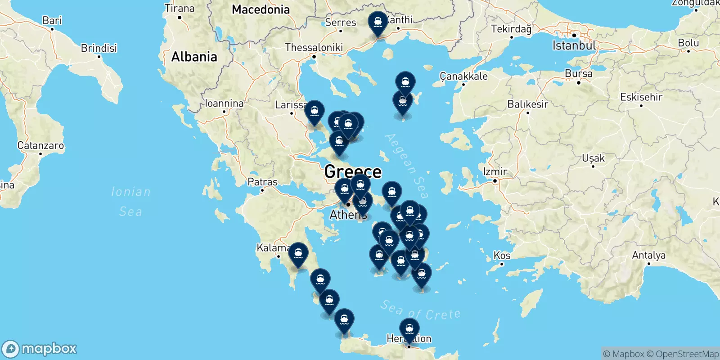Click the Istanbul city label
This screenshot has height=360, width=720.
[x=574, y=45]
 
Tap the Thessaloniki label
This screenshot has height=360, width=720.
[x=314, y=47]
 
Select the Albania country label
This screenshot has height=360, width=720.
[x=194, y=57]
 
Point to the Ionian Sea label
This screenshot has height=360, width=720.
[x=130, y=201]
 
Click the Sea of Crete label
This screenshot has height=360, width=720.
[x=420, y=311]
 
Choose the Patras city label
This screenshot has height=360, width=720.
[x=262, y=182]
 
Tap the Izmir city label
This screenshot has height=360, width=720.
[x=495, y=171]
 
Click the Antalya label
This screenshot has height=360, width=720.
[x=648, y=255]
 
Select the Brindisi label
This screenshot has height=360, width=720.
[x=99, y=48]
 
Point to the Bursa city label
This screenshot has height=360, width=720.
[x=578, y=73]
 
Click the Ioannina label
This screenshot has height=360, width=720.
[x=224, y=103]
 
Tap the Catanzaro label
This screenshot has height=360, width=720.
[x=40, y=145]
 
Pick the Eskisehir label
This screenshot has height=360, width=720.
[x=641, y=97]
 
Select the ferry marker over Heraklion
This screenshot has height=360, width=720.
[x=409, y=329]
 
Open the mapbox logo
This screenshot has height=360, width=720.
[x=40, y=349]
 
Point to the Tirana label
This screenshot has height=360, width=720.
[x=179, y=8]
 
